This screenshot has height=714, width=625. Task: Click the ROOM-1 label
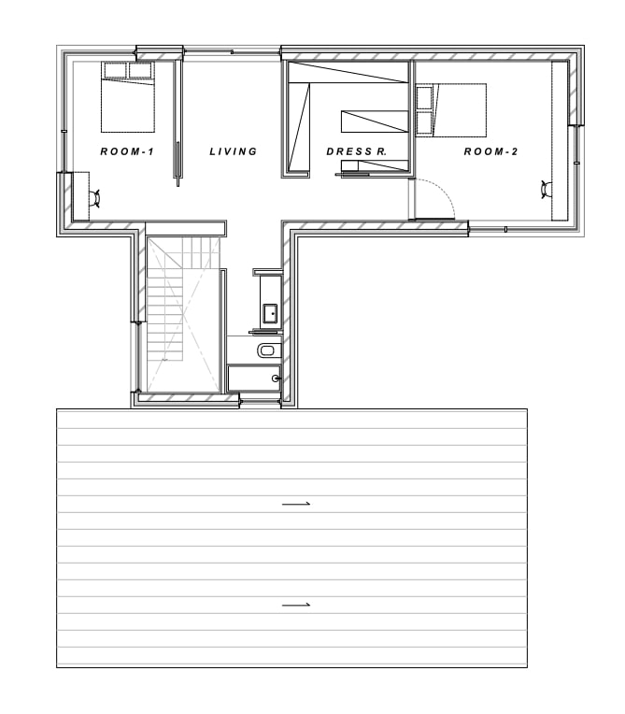point(127,151)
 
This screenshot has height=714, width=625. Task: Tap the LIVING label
point(233,151)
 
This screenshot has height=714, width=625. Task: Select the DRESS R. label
point(357,151)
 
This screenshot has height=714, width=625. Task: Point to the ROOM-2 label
point(490,151)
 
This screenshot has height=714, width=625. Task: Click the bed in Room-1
point(128,97)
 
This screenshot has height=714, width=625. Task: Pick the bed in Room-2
point(451,109)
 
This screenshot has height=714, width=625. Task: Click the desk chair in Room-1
point(95,198)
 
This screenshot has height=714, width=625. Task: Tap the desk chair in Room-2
point(547,189)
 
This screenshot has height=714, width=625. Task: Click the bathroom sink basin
point(270,314)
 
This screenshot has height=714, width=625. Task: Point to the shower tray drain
point(275,378)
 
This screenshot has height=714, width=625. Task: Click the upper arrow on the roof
point(296,504)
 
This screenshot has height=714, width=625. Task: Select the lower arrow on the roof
point(296,605)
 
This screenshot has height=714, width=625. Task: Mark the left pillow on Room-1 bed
point(115,71)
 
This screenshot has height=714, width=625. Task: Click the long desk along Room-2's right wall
point(560,141)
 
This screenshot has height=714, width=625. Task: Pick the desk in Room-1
point(81,196)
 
